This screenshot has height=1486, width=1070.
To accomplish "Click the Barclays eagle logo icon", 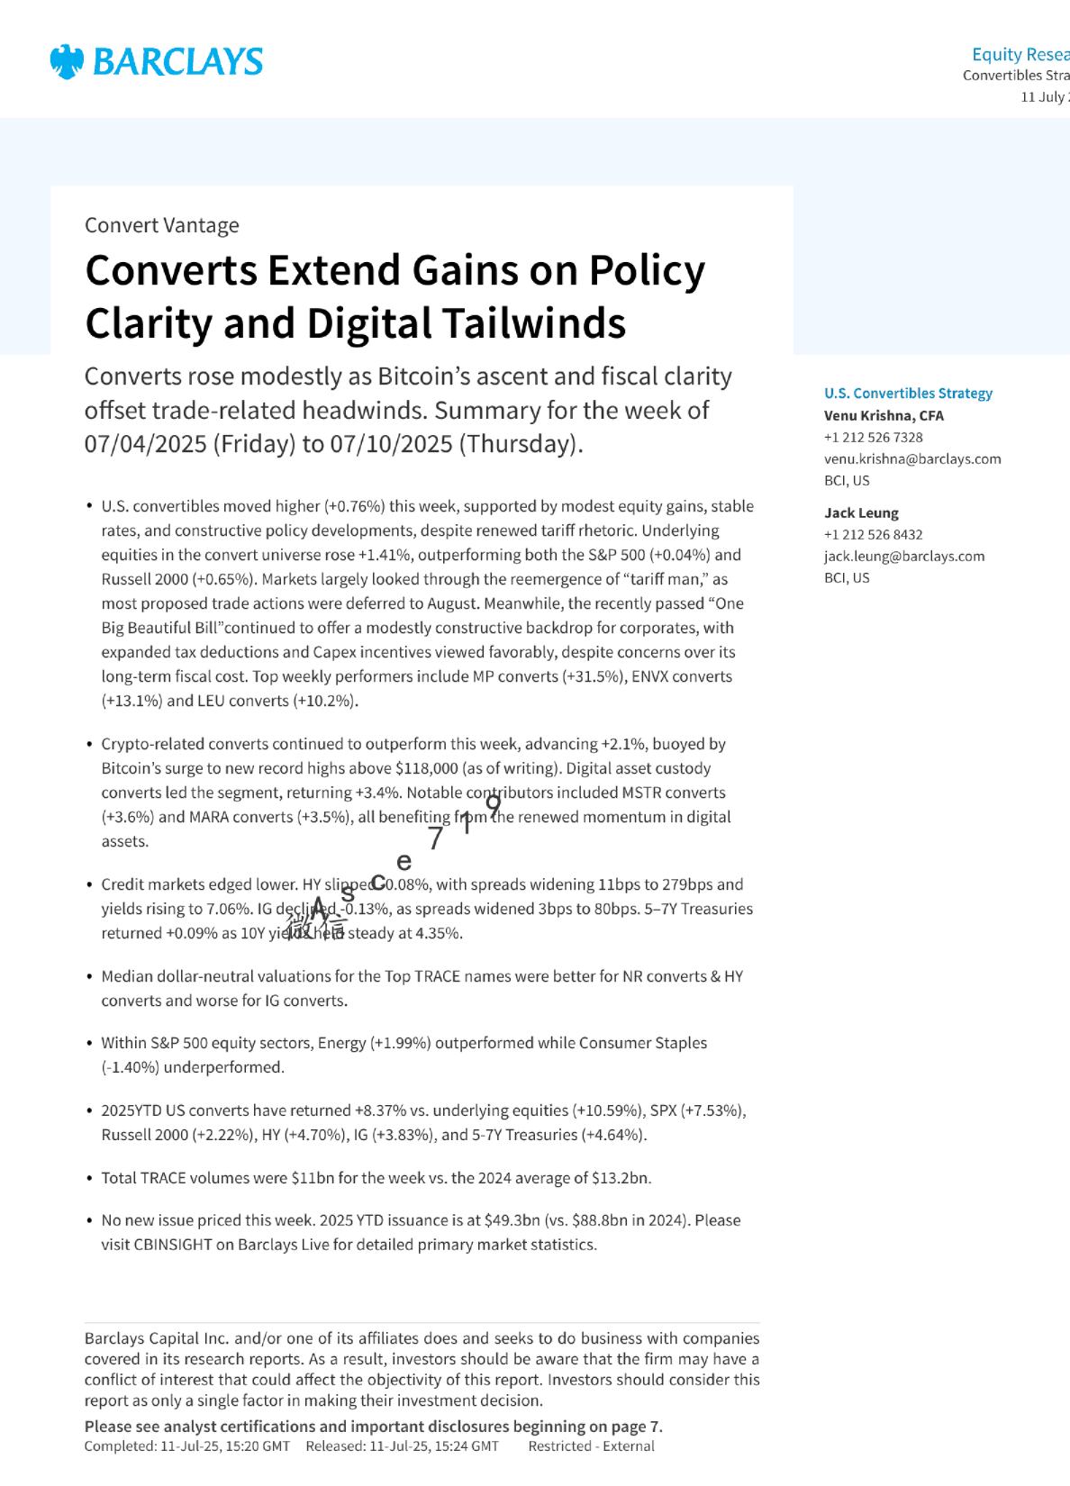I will (67, 61).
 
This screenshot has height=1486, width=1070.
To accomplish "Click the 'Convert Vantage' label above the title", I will (162, 225).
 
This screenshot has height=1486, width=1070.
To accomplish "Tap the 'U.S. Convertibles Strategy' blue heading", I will (908, 394).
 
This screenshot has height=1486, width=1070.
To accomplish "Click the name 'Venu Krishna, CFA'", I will (884, 416).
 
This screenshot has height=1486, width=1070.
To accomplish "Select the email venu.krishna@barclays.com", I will (912, 459).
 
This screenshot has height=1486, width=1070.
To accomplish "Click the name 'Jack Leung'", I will (861, 513).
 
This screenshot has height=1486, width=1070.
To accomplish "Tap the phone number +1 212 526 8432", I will (873, 535).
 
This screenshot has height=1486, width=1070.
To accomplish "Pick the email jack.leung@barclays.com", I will (904, 557).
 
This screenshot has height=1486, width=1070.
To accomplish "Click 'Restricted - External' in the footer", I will (591, 1446).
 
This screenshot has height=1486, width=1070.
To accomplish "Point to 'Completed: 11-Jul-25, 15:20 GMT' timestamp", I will (187, 1446).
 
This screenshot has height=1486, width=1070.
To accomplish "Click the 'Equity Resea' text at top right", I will (1020, 55).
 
